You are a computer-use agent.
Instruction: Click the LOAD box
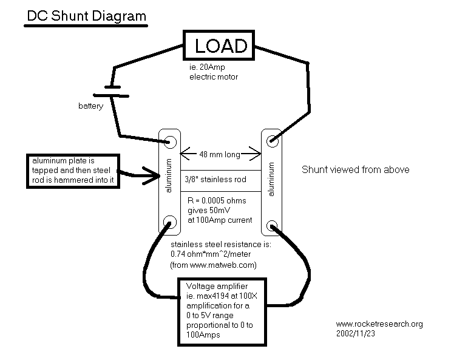[220, 46]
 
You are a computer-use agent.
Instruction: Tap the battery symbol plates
[110, 90]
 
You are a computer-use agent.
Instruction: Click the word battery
[90, 106]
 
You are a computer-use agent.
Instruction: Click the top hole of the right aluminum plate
[271, 141]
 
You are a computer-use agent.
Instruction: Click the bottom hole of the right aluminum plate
[271, 226]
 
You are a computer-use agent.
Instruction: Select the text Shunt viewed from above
[355, 170]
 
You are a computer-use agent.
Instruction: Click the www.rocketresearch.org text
[379, 324]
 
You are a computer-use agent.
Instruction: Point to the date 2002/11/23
[356, 333]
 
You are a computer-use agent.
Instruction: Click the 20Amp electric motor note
[213, 73]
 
